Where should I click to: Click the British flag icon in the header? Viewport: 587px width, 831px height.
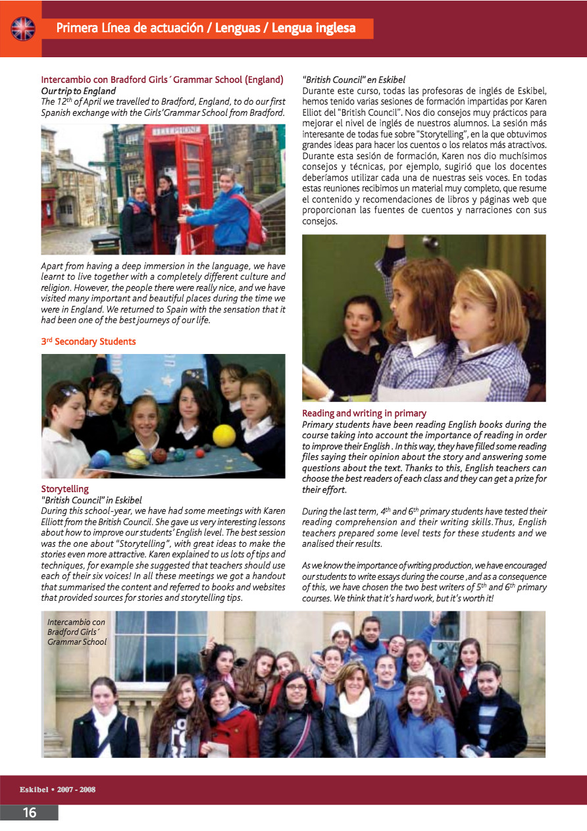(x=22, y=28)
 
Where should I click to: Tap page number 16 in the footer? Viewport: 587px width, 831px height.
(x=30, y=813)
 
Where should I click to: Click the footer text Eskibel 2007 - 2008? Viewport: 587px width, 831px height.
(x=57, y=789)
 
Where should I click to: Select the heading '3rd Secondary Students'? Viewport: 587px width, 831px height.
(x=88, y=341)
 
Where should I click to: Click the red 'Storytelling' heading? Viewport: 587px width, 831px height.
(x=64, y=489)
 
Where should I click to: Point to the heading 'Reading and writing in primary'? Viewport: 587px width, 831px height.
(x=364, y=413)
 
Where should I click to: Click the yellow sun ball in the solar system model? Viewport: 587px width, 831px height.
(x=224, y=435)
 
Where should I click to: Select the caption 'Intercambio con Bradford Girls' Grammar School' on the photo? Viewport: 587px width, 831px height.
(x=76, y=632)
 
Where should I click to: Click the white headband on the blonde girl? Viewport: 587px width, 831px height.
(x=486, y=281)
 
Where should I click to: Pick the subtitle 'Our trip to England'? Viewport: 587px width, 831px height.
(x=78, y=91)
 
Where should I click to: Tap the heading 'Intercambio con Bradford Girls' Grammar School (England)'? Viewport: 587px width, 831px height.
(x=162, y=80)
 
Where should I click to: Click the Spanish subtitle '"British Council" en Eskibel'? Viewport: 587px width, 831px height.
(x=353, y=80)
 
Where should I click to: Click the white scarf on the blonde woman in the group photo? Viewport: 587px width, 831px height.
(x=354, y=703)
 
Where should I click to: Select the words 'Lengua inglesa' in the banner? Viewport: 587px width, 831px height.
(x=313, y=28)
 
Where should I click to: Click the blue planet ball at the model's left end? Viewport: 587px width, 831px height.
(x=101, y=459)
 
